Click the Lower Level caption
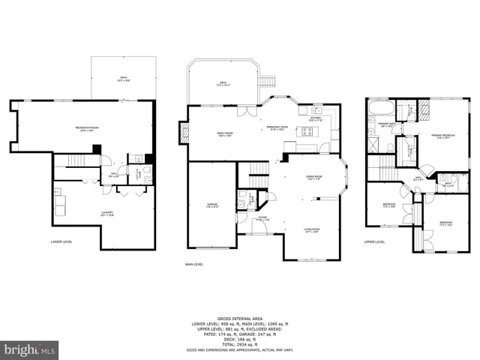pos(61,241)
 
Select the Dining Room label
pos(313,178)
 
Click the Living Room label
pos(312,231)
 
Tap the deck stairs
pos(266,82)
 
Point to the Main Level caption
pos(195,264)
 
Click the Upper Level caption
pos(374,241)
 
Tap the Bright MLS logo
pos(30,349)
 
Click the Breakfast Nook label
pos(278,128)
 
